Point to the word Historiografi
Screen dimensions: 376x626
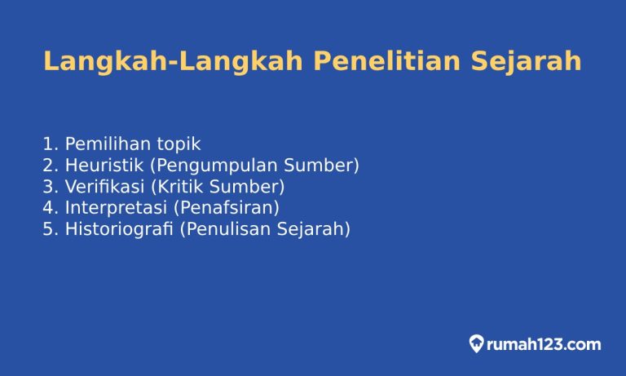[119, 229]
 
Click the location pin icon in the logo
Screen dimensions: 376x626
[476, 344]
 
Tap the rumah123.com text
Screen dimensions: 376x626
[544, 344]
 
